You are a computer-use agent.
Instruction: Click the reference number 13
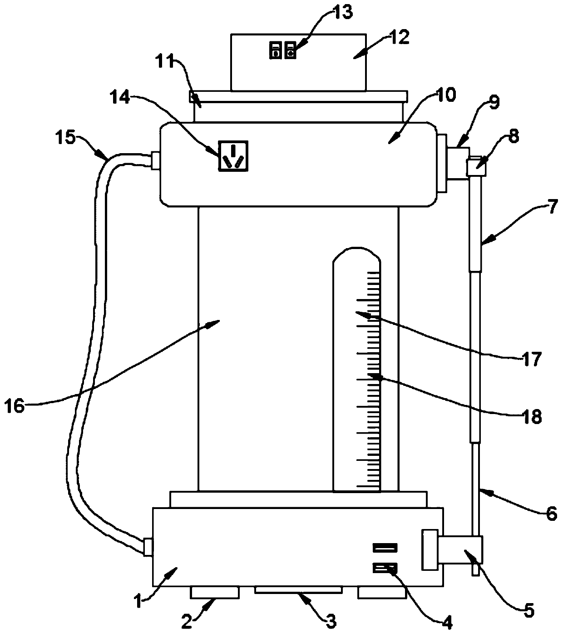coord(342,13)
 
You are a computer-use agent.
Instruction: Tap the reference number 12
coord(399,37)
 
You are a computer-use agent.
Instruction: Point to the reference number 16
coord(15,407)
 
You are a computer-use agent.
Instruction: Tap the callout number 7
coord(552,207)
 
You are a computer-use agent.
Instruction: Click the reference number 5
coord(529,610)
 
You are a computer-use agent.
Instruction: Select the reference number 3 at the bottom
coord(331,621)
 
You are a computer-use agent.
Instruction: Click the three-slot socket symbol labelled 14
coord(233,155)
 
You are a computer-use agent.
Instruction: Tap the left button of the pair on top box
coord(274,50)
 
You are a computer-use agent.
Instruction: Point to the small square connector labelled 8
coord(476,167)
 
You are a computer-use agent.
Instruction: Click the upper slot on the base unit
coord(385,548)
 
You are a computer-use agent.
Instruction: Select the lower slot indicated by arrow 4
coord(385,568)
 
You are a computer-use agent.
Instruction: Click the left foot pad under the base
coord(215,592)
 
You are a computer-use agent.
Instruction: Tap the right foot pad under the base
coord(382,592)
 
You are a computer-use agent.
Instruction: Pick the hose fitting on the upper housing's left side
coord(155,161)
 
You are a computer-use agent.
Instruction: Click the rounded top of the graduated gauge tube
coord(357,255)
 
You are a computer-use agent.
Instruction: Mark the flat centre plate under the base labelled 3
coord(299,590)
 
